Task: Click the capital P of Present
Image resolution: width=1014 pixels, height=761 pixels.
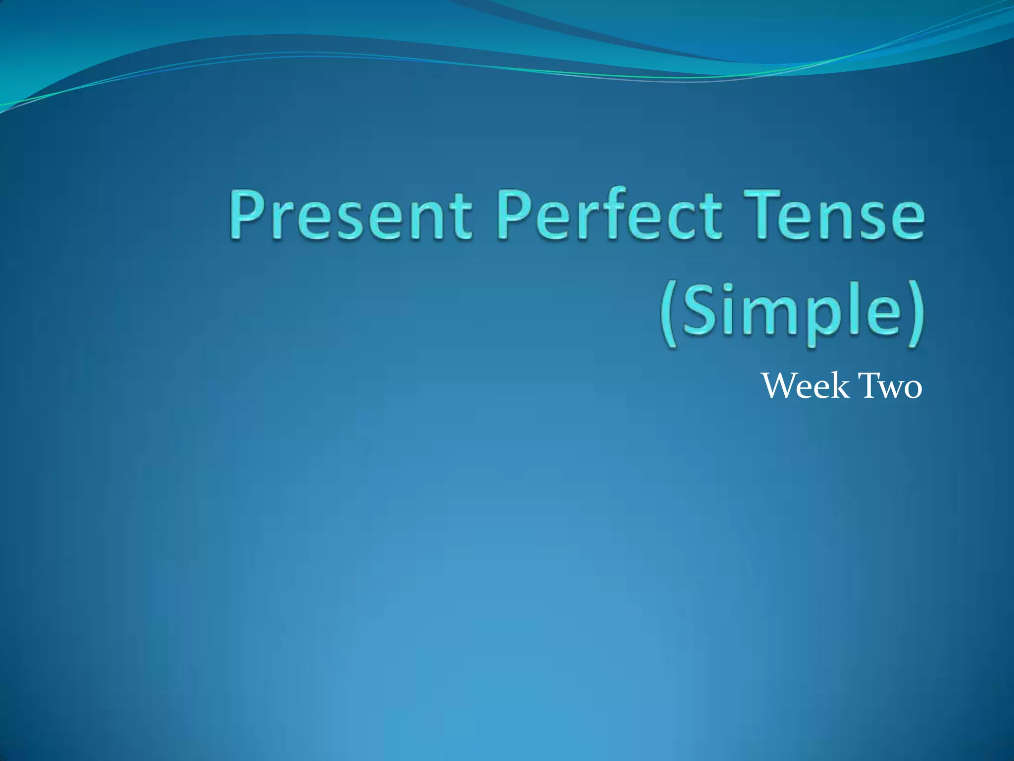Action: (x=246, y=216)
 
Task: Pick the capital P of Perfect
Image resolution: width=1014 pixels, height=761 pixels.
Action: (x=515, y=216)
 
